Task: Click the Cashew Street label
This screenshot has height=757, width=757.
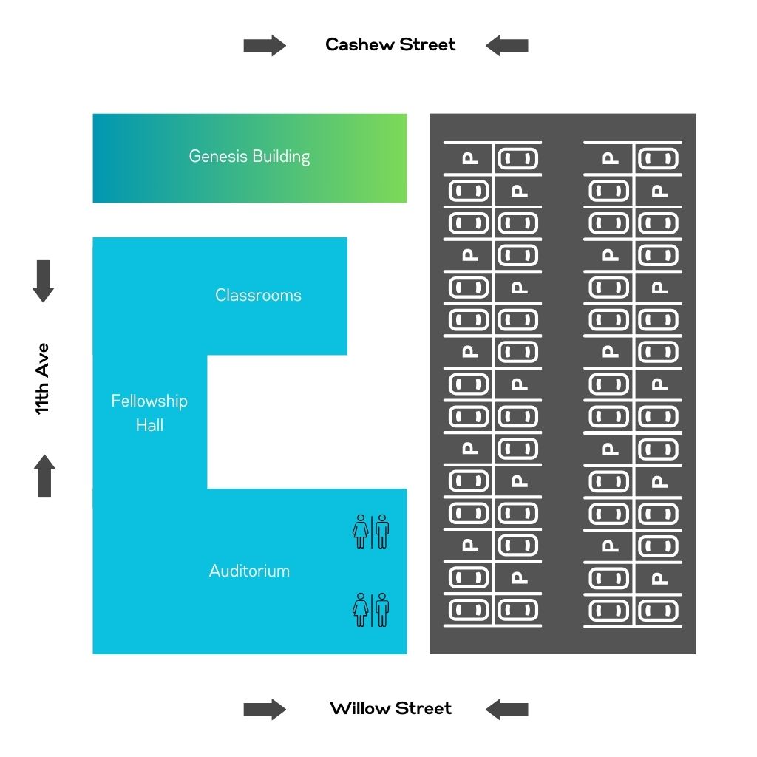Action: [x=390, y=45]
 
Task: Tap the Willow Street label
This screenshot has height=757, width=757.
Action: [x=390, y=709]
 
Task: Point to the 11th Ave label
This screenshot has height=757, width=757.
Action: [x=43, y=378]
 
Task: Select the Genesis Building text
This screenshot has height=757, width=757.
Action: [x=249, y=157]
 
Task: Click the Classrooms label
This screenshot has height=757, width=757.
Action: [x=258, y=296]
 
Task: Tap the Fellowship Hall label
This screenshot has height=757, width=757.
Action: [x=149, y=413]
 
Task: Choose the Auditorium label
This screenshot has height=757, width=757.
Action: [x=249, y=571]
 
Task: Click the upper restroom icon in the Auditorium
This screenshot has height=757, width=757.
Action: [x=371, y=532]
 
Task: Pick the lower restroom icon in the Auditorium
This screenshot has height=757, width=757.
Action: [x=371, y=610]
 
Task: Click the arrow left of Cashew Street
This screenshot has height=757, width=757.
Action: [x=265, y=46]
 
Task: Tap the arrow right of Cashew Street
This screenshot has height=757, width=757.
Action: [x=507, y=46]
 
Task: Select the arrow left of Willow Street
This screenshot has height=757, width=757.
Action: [x=265, y=710]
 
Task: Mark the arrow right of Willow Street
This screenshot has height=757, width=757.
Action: [x=507, y=710]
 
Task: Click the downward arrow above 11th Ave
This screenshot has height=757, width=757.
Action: [x=44, y=281]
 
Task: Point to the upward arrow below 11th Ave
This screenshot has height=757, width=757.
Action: [x=44, y=475]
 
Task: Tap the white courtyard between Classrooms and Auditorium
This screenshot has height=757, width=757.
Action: [x=303, y=421]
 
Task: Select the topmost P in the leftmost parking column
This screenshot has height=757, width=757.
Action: [x=469, y=158]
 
